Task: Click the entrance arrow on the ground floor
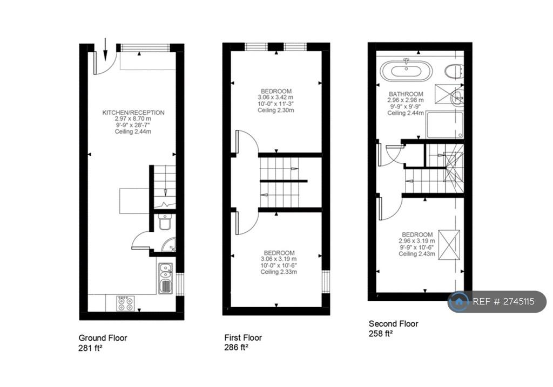coord(105,50)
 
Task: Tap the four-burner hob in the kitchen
coord(126,303)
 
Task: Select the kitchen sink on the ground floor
coord(165,278)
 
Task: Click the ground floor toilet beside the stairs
coord(165,222)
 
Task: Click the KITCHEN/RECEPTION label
coord(133,113)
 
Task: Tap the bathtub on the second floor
coord(406,71)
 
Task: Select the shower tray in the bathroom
coord(444,125)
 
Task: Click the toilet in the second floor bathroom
coord(454,72)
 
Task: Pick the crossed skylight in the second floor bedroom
coord(449,245)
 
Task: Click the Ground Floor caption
coord(103,338)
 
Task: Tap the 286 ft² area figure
coord(237,348)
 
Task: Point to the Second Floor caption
coord(393,323)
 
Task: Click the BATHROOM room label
coord(406,94)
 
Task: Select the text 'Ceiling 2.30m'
coord(276,110)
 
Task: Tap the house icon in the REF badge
coord(459,301)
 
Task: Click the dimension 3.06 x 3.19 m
coord(279,259)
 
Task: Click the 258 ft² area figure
coord(381,334)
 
